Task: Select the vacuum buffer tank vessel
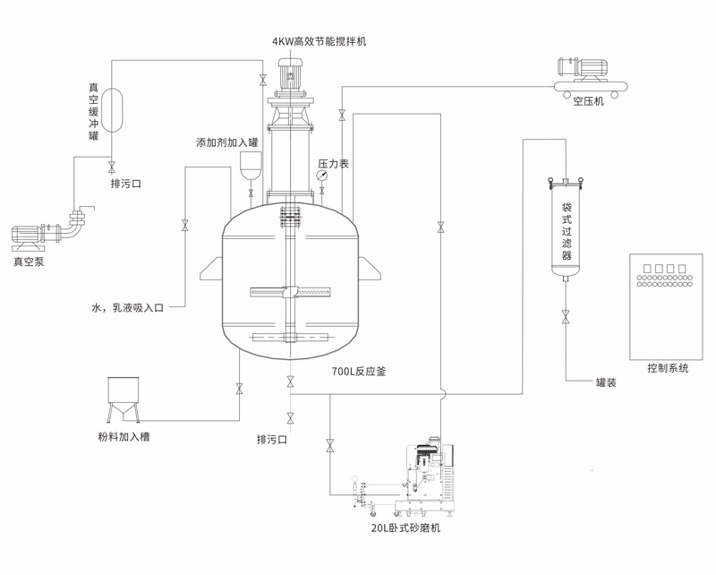tap(112, 108)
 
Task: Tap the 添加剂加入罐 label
tap(227, 142)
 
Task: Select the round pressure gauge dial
tap(321, 176)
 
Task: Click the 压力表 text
tap(333, 164)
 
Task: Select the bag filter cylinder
tap(566, 228)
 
